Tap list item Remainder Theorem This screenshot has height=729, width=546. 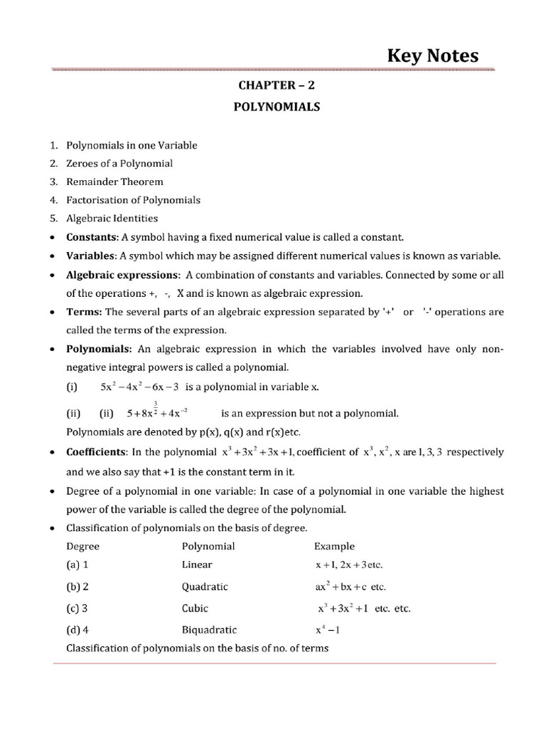(x=114, y=182)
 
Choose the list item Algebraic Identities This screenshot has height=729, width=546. (x=112, y=219)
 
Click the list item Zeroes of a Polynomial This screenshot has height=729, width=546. (x=119, y=163)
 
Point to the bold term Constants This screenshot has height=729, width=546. (x=92, y=237)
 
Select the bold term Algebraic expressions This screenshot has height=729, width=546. (x=122, y=275)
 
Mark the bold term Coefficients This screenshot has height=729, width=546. (x=96, y=451)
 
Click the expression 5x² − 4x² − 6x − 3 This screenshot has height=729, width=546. (x=139, y=387)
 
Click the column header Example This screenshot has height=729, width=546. (x=334, y=546)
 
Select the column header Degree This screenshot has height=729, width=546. (x=82, y=546)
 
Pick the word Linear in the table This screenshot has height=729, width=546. (x=196, y=565)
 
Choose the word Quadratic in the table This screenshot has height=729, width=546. (x=205, y=587)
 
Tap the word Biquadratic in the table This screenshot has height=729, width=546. (x=210, y=629)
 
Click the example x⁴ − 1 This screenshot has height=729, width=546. (x=328, y=629)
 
